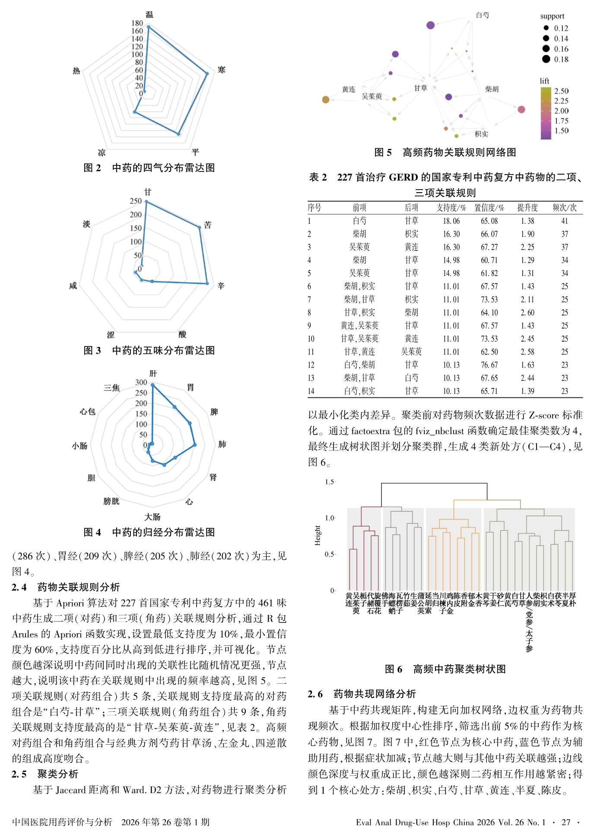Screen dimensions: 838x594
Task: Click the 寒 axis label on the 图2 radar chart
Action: (221, 70)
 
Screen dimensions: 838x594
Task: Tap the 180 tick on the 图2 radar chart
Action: (137, 23)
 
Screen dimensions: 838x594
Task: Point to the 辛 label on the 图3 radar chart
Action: (221, 286)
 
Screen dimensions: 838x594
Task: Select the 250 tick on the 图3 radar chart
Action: (136, 201)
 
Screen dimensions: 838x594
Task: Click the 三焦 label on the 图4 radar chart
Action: (111, 387)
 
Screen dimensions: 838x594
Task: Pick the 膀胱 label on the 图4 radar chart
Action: (111, 501)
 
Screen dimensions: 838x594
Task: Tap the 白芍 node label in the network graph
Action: (482, 15)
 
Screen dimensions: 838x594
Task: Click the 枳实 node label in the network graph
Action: (481, 134)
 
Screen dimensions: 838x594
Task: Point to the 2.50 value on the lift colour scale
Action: (561, 91)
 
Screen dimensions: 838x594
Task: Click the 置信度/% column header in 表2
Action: (489, 208)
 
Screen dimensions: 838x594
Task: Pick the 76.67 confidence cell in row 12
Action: (489, 365)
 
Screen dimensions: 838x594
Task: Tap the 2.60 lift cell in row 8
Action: (527, 312)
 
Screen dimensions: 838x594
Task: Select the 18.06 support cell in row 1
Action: (451, 221)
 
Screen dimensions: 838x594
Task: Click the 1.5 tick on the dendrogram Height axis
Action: (330, 482)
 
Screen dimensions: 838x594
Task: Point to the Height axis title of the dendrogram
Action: (318, 535)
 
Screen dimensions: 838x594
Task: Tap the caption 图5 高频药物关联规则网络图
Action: (445, 152)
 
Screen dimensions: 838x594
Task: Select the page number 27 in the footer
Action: (565, 822)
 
